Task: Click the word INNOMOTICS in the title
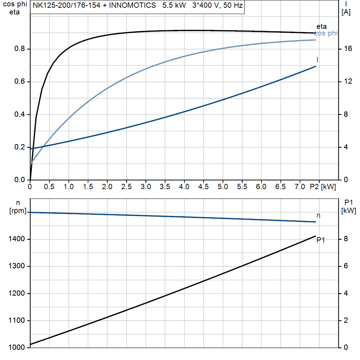coord(131,6)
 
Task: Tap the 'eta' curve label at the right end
coord(321,26)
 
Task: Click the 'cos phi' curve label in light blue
coord(326,33)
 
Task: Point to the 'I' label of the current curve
coord(317,59)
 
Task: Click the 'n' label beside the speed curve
coord(319,215)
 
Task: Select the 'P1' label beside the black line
coord(321,240)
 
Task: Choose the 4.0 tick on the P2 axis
coord(184,187)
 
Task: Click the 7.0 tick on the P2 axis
coord(300,187)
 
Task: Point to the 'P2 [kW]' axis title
coord(323,187)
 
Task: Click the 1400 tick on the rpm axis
coord(17,239)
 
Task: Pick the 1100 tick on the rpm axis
coord(17,321)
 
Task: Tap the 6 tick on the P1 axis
coord(346,266)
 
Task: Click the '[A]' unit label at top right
coord(346,12)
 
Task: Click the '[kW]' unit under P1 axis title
coord(348,211)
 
